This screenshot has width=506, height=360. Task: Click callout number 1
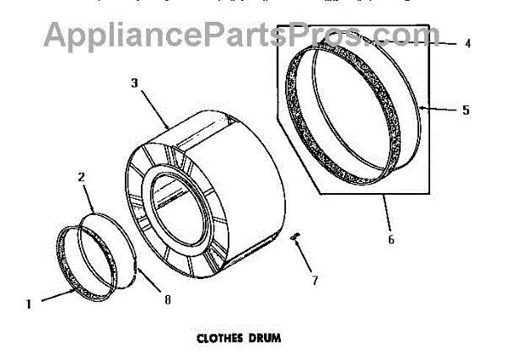(30, 306)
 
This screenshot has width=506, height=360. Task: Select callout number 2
(82, 178)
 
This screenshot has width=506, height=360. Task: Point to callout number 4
(466, 43)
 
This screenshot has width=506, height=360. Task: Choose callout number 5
(466, 110)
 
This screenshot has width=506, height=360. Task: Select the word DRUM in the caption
(262, 340)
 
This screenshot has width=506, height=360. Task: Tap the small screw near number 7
(295, 239)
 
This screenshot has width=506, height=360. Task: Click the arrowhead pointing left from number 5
(423, 107)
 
